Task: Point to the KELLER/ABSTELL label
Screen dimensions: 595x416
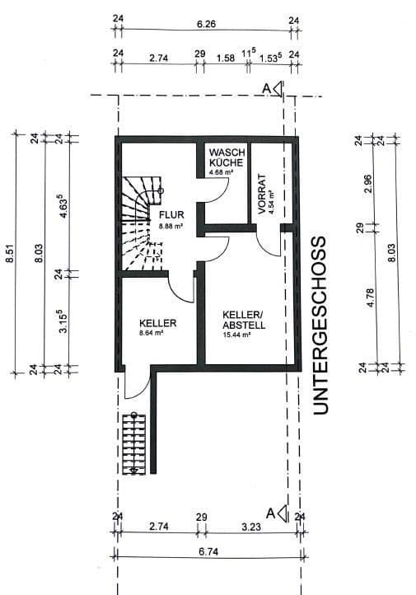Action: click(244, 319)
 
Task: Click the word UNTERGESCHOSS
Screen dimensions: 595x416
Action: click(320, 325)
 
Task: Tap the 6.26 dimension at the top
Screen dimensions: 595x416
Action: click(206, 25)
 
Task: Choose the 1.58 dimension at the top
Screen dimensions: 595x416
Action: click(226, 59)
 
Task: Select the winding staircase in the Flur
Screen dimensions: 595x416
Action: click(138, 224)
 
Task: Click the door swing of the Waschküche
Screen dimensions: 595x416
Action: click(213, 191)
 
